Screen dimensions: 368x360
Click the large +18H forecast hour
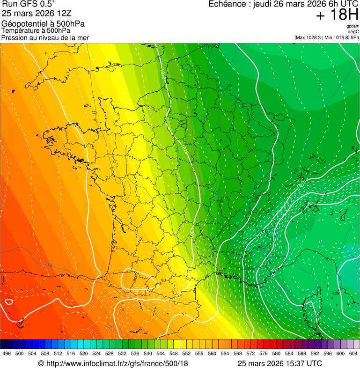click(337, 15)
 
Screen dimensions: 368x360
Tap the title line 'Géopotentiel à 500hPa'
click(43, 24)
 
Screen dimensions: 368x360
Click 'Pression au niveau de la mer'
click(45, 37)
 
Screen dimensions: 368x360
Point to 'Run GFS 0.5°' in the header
click(29, 4)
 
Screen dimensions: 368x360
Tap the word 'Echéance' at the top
click(228, 4)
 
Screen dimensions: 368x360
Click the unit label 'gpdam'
click(353, 26)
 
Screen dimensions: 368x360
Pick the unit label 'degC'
click(353, 32)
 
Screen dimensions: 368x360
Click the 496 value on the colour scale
click(7, 353)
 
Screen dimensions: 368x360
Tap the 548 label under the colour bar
click(173, 353)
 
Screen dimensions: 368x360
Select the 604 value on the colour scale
click(353, 353)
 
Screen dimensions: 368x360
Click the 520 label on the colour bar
click(83, 353)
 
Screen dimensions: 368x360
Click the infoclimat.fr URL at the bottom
click(117, 363)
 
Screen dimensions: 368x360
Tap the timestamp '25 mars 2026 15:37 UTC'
click(279, 363)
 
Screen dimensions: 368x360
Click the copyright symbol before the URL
click(41, 363)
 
